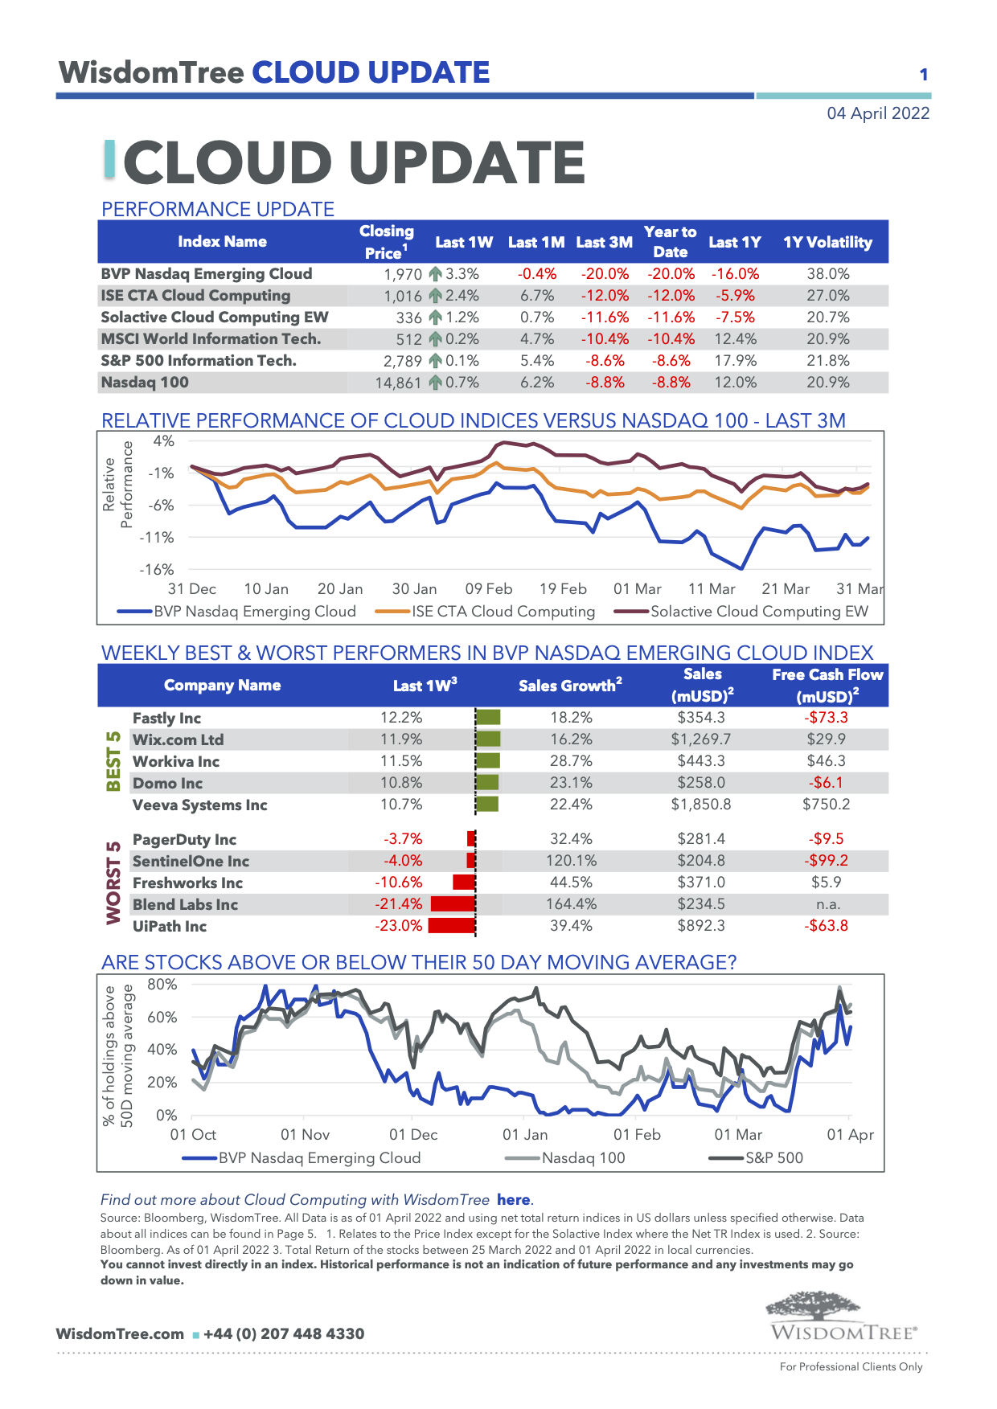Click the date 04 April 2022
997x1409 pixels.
pyautogui.click(x=878, y=113)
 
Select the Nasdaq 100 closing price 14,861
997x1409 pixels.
pyautogui.click(x=398, y=383)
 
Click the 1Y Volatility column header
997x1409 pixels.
pyautogui.click(x=827, y=242)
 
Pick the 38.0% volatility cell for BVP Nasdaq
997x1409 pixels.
pyautogui.click(x=827, y=274)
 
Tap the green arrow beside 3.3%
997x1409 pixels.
pyautogui.click(x=435, y=274)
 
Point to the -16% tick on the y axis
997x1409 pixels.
pyautogui.click(x=157, y=570)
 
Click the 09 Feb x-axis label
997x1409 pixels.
pyautogui.click(x=488, y=589)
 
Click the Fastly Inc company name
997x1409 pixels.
pyautogui.click(x=166, y=719)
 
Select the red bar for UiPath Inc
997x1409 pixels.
pyautogui.click(x=451, y=926)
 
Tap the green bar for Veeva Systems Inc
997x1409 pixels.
pyautogui.click(x=487, y=805)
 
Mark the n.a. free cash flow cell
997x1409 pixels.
pyautogui.click(x=827, y=904)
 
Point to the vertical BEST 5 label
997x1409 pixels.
pyautogui.click(x=114, y=760)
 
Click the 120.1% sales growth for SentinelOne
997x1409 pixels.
pyautogui.click(x=571, y=861)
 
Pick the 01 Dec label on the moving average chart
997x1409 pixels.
pyautogui.click(x=413, y=1135)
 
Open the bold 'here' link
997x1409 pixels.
pyautogui.click(x=514, y=1200)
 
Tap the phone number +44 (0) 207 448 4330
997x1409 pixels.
pyautogui.click(x=284, y=1334)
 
